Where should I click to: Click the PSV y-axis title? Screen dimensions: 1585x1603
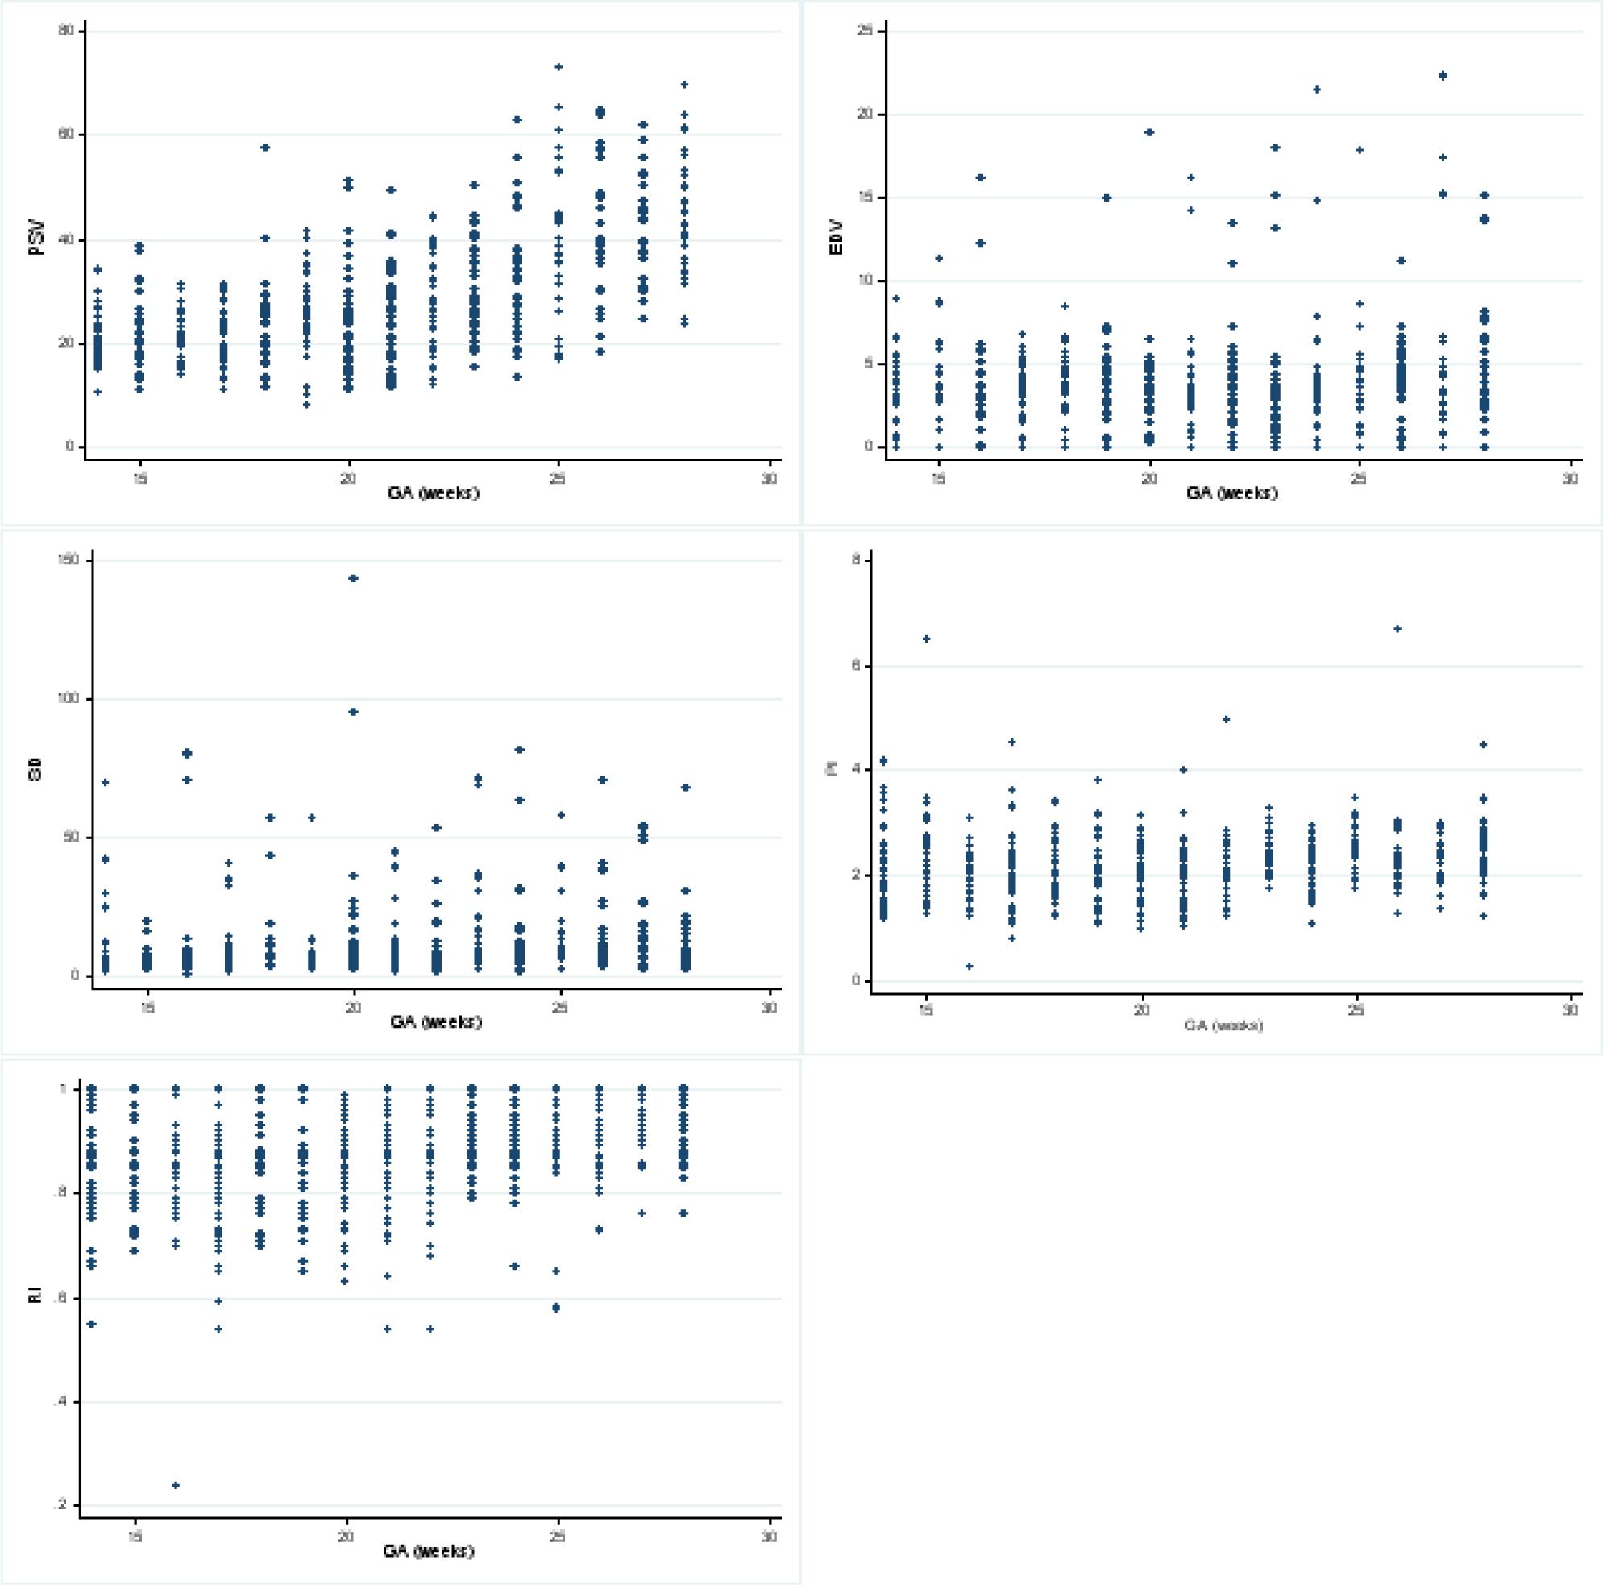37,239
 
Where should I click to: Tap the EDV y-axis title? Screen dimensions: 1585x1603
837,239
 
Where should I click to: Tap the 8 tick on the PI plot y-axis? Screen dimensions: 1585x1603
866,560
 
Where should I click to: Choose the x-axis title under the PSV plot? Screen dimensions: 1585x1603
433,493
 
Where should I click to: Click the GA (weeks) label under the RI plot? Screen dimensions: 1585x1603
428,1550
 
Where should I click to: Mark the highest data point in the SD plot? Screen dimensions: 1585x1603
354,578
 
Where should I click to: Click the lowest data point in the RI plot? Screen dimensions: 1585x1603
176,1485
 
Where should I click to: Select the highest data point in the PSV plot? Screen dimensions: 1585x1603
559,66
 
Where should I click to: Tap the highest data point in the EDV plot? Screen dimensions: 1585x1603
1443,76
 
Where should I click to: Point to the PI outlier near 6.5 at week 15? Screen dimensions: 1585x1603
926,639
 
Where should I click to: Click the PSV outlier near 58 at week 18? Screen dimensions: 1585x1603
265,148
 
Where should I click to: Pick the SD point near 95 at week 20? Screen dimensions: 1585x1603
354,712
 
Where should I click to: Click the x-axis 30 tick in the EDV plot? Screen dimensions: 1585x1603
1570,479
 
